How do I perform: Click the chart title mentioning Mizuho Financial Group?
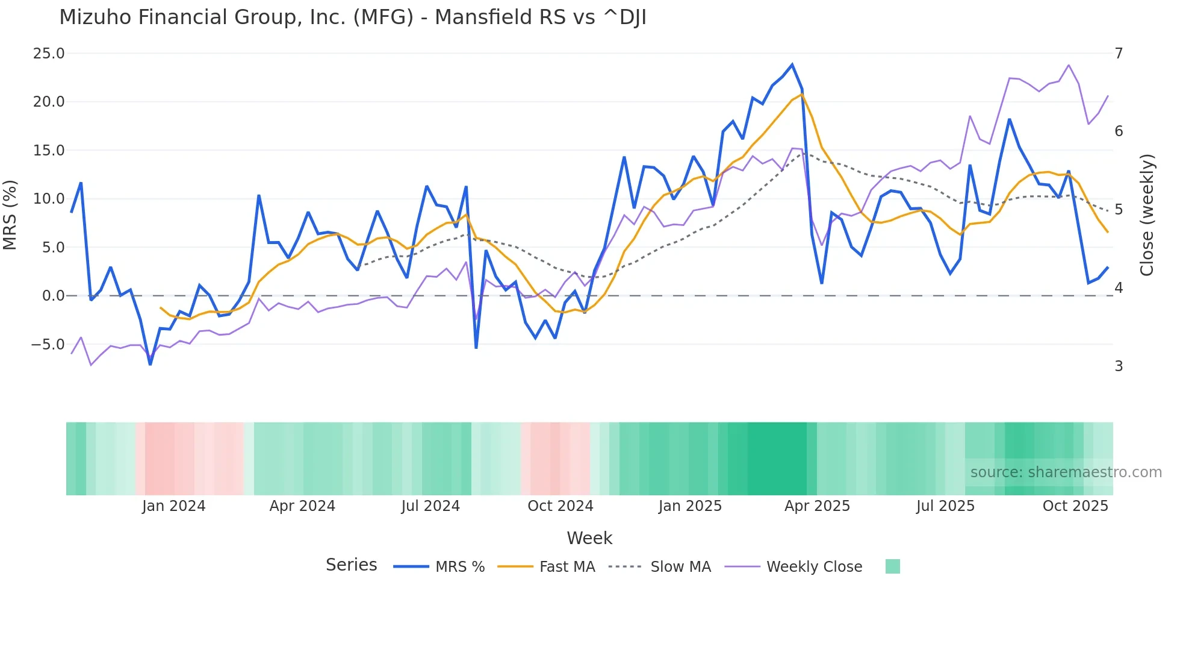353,17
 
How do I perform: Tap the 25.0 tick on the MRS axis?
48,54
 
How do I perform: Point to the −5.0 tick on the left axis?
47,345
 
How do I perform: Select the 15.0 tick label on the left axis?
48,151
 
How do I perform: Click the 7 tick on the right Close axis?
1119,54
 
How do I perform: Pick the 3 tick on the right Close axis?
1119,366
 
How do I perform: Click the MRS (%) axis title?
10,215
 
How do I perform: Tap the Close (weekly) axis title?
1147,215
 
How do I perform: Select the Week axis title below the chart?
589,538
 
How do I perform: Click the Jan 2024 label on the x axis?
173,506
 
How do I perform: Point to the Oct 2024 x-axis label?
560,506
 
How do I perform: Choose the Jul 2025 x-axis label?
945,506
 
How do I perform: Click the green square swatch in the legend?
893,566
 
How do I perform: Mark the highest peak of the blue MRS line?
792,64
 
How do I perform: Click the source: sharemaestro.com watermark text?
1066,472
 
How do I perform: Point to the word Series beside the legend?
351,565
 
